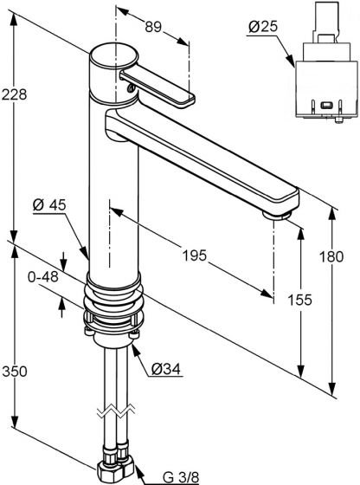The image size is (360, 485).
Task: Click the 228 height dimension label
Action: (x=14, y=94)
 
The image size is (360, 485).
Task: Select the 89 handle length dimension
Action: (x=153, y=27)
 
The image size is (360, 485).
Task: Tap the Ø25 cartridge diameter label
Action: (x=263, y=27)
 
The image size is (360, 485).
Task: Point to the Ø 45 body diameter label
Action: (x=49, y=204)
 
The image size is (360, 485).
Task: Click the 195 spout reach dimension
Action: (x=194, y=255)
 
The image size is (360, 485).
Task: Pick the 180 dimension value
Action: (x=331, y=256)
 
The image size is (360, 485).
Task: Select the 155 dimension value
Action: (x=299, y=300)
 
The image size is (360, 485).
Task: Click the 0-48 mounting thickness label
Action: (x=42, y=276)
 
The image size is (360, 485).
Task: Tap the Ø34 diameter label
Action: (x=165, y=368)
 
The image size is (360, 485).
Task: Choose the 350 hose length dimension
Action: (x=15, y=371)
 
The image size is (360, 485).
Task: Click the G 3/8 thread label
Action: (x=181, y=477)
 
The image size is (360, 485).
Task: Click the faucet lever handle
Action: (x=157, y=87)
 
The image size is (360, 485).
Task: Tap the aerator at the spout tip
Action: (x=277, y=215)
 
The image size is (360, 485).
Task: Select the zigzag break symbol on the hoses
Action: (x=116, y=411)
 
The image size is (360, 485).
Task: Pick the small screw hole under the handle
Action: (x=131, y=88)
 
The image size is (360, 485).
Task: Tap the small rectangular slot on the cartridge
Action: (x=326, y=105)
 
